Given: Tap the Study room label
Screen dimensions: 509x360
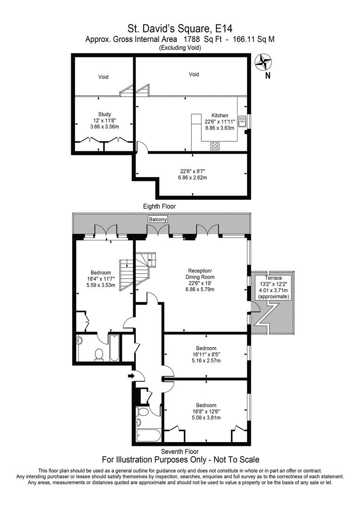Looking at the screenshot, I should click(105, 114).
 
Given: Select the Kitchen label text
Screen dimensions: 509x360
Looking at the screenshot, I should click(220, 115).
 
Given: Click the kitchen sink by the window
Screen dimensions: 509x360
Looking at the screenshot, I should click(243, 121).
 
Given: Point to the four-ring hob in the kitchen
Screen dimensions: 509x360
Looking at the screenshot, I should click(215, 146).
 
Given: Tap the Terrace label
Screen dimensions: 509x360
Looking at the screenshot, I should click(273, 278).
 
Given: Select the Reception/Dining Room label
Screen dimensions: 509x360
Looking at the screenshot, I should click(200, 274).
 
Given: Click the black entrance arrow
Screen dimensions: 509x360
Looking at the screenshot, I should click(131, 376).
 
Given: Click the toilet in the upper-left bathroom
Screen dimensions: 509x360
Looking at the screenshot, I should click(99, 354).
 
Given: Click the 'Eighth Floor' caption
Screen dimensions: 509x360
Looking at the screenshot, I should click(160, 206).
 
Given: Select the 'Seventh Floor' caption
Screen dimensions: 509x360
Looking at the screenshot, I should click(180, 451).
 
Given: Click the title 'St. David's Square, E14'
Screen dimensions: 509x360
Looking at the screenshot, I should click(180, 29).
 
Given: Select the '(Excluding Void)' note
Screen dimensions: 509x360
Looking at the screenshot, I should click(180, 48).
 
